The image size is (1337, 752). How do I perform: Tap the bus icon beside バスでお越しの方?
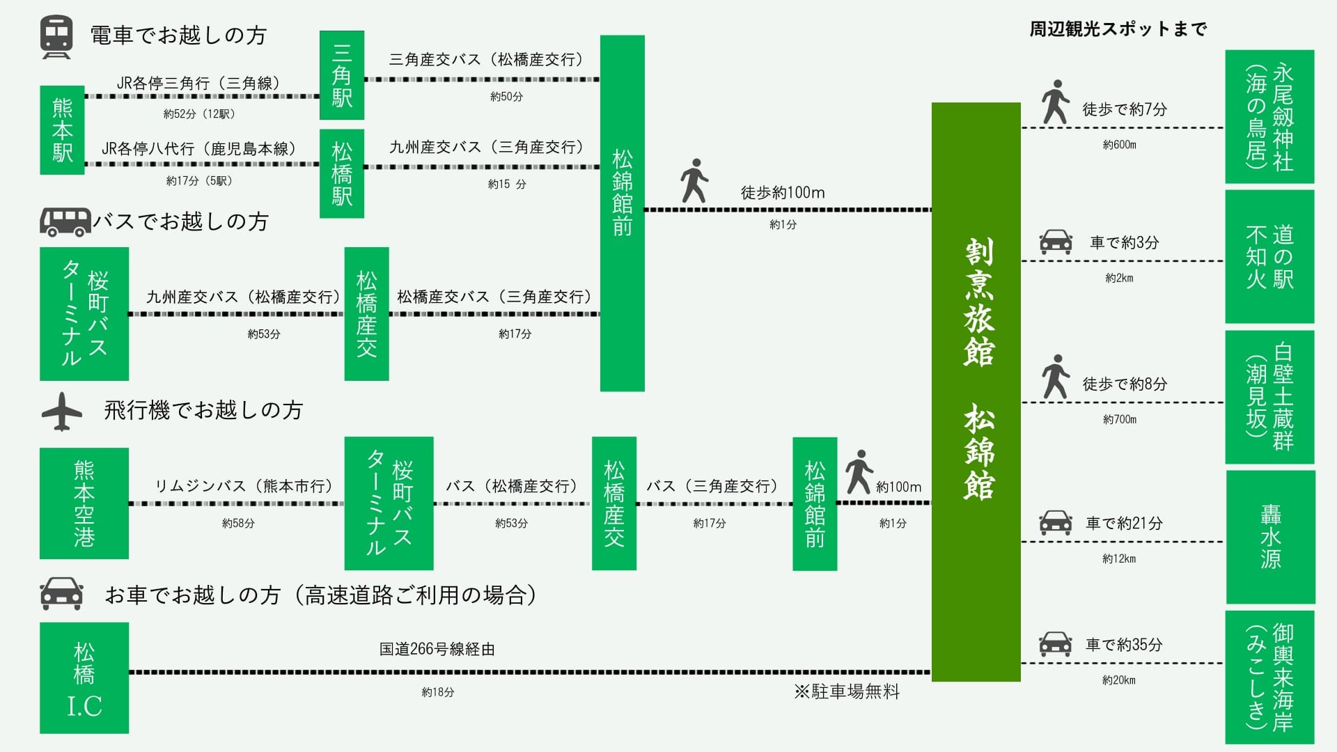pos(65,222)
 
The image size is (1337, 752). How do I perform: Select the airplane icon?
pos(62,412)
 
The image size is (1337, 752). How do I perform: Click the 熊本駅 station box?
pos(62,130)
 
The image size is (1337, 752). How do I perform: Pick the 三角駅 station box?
pos(341,75)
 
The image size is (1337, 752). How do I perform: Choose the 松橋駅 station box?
pos(341,173)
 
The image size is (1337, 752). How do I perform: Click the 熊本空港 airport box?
pos(84,503)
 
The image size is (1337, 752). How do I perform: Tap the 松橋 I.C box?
pos(84,677)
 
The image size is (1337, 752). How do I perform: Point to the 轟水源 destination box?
pos(1270,537)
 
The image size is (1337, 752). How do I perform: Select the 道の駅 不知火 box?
pos(1269,256)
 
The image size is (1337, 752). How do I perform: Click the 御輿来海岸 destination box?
pos(1269,677)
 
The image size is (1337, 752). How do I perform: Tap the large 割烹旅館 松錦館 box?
pos(976,391)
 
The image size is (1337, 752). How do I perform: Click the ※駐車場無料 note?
pos(847,691)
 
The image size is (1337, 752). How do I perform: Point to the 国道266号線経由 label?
pos(437,649)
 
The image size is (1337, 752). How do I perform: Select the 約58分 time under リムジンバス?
pos(238,523)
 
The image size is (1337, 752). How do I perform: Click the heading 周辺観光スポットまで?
pos(1118,29)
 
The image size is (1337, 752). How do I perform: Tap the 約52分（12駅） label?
pos(199,113)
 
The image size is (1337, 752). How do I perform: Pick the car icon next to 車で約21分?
pos(1055,523)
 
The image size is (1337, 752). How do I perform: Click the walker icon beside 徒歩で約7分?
pos(1055,102)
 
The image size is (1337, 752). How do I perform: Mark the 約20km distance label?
pos(1118,680)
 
